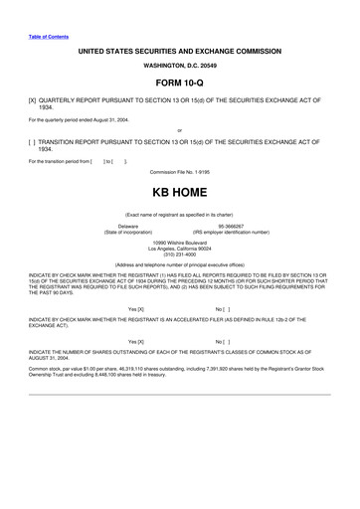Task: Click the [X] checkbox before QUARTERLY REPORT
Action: (33, 101)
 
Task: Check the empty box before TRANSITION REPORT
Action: (33, 141)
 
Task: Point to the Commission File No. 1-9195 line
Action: (180, 172)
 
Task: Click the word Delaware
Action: (128, 226)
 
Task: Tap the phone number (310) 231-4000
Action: (180, 253)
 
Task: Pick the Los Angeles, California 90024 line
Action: (180, 248)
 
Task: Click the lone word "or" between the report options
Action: (180, 130)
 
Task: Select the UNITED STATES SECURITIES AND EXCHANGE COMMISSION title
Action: (180, 48)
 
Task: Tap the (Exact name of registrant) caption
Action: (180, 214)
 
